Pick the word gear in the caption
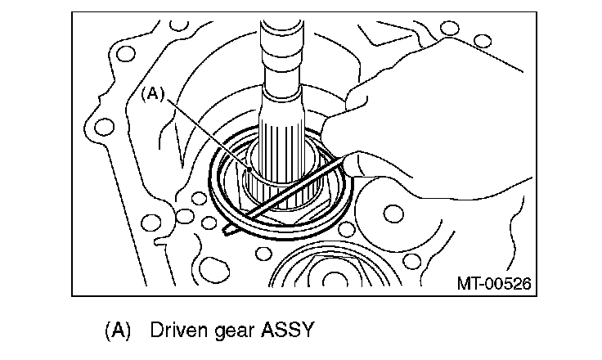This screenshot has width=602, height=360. tap(233, 331)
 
